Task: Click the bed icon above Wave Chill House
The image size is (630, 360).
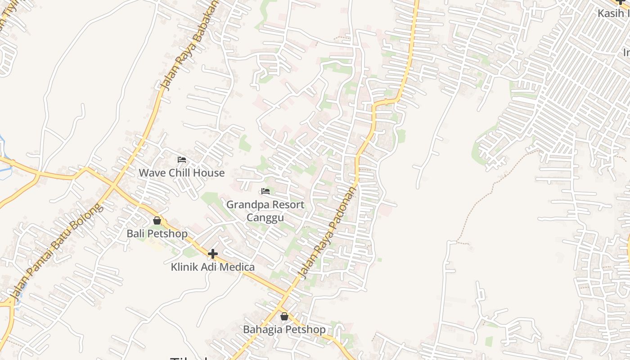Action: tap(182, 160)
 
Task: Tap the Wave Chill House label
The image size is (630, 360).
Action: tap(181, 173)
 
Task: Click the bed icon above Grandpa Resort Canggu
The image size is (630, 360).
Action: tap(265, 192)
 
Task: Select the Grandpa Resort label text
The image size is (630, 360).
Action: tap(265, 205)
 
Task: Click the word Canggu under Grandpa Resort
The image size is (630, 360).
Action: tap(265, 218)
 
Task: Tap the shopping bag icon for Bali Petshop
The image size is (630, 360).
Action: tap(157, 221)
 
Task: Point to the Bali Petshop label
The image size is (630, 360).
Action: tap(157, 234)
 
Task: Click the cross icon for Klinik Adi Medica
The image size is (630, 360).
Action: tap(213, 254)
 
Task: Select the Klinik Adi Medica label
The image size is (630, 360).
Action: tap(212, 267)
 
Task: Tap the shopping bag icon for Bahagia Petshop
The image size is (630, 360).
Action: tap(284, 317)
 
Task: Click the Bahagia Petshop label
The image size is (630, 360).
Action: tap(284, 329)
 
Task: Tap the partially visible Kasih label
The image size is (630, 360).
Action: tap(613, 13)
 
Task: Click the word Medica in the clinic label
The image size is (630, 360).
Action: tap(238, 267)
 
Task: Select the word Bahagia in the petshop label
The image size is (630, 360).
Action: tap(263, 329)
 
